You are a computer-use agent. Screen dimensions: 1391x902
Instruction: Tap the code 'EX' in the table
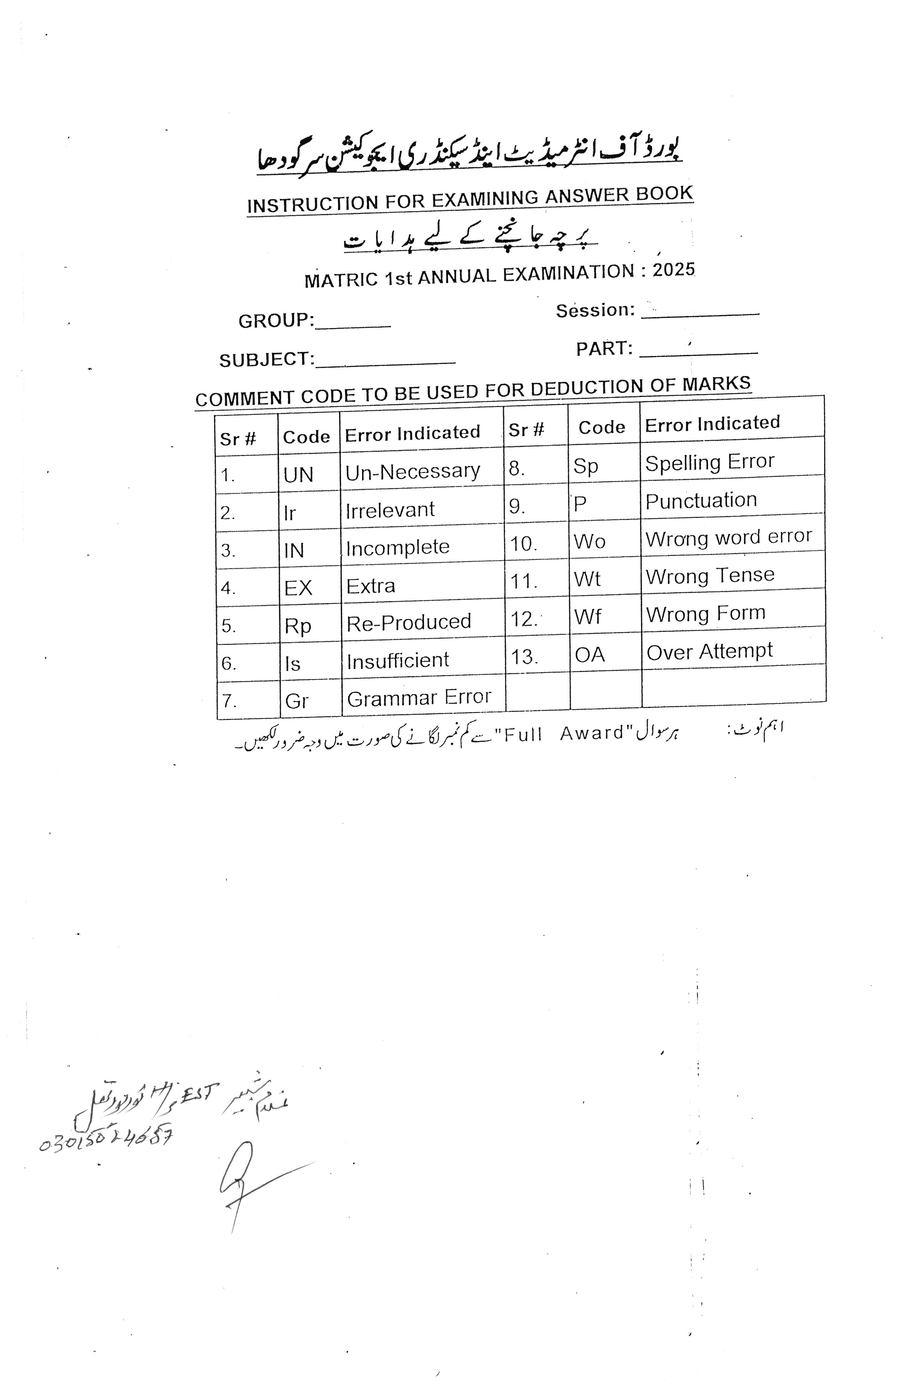click(298, 588)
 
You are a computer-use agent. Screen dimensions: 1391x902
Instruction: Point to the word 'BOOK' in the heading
click(664, 193)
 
